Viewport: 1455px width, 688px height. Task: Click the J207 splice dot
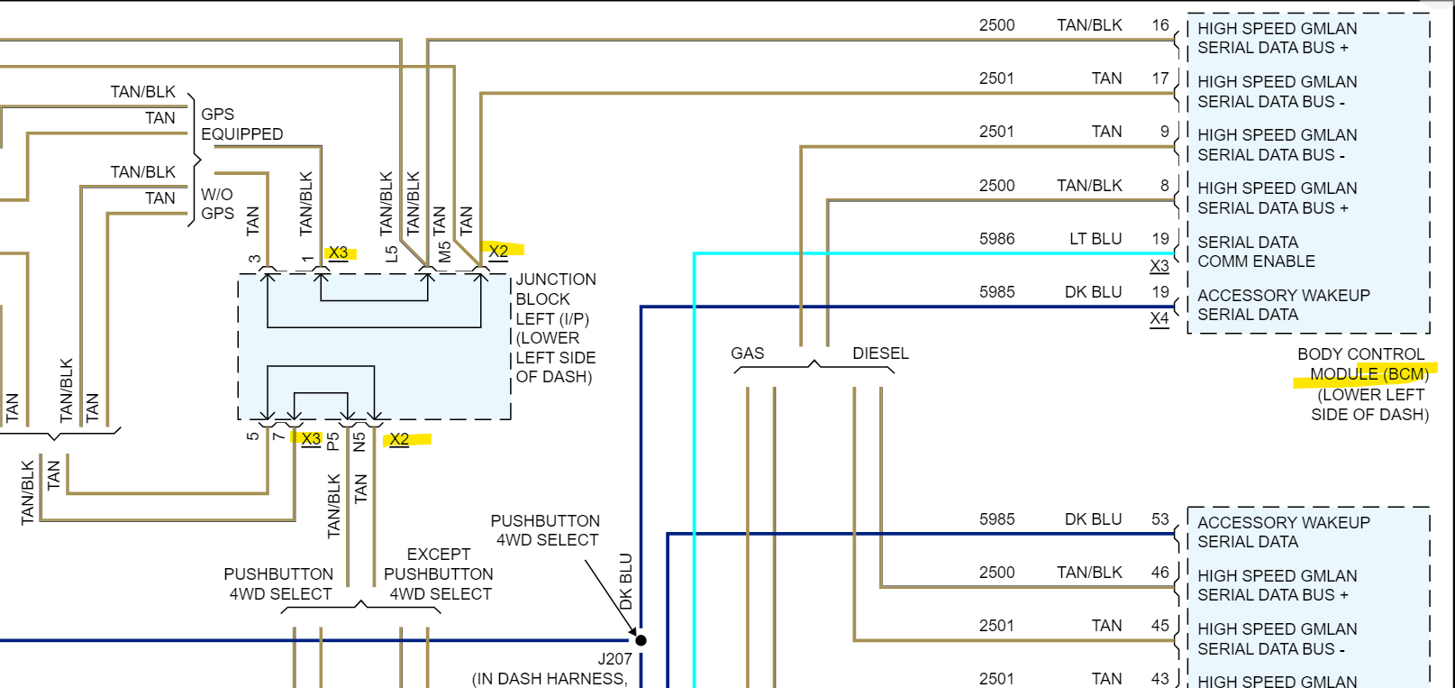(x=641, y=640)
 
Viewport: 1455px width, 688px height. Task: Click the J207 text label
(x=614, y=659)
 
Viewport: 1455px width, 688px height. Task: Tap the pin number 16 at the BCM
(x=1159, y=25)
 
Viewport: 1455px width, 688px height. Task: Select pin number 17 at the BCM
(x=1159, y=78)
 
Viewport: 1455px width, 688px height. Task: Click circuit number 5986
(x=996, y=239)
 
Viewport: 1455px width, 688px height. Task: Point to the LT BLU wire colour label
(x=1095, y=239)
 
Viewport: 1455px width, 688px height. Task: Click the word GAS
(x=747, y=353)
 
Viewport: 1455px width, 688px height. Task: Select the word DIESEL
(x=880, y=353)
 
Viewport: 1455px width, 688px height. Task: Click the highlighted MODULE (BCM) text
(x=1369, y=374)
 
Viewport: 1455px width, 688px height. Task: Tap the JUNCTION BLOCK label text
(x=555, y=289)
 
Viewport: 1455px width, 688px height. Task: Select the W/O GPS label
(x=217, y=204)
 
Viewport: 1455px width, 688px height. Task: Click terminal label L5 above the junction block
(x=391, y=253)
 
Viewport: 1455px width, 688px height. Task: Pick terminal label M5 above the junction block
(x=444, y=252)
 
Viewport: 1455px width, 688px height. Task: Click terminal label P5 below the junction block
(x=332, y=441)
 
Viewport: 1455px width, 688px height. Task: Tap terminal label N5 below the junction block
(x=359, y=441)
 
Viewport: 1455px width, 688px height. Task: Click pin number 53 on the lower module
(x=1159, y=519)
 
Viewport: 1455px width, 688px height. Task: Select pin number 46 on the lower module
(x=1159, y=573)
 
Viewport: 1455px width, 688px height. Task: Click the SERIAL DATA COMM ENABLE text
(x=1255, y=252)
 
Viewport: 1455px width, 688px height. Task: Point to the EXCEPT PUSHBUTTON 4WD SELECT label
(x=439, y=573)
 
